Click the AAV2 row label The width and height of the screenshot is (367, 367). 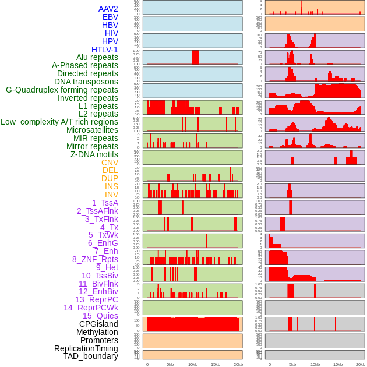pyautogui.click(x=108, y=9)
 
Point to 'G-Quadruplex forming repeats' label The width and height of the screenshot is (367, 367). pyautogui.click(x=62, y=90)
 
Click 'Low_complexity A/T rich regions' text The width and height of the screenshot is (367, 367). pyautogui.click(x=59, y=122)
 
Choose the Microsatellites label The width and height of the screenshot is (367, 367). pyautogui.click(x=92, y=130)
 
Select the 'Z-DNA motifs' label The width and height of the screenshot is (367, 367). pyautogui.click(x=94, y=154)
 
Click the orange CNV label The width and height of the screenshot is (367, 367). pyautogui.click(x=110, y=163)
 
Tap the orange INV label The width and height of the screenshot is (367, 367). pyautogui.click(x=111, y=195)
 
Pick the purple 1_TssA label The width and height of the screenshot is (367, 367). pyautogui.click(x=105, y=203)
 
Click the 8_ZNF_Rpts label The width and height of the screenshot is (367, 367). pyautogui.click(x=95, y=259)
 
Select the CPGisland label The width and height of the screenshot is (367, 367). pyautogui.click(x=98, y=324)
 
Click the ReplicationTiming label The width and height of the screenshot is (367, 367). pyautogui.click(x=86, y=348)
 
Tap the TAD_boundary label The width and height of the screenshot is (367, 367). pyautogui.click(x=91, y=356)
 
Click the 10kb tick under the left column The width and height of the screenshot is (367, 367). pyautogui.click(x=192, y=364)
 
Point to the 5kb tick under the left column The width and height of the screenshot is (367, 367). pyautogui.click(x=170, y=364)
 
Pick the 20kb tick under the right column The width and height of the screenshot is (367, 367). pyautogui.click(x=360, y=364)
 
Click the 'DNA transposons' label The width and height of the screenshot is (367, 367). pyautogui.click(x=86, y=82)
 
